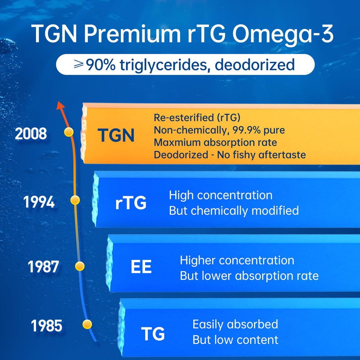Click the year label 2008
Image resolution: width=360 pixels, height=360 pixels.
pos(31,134)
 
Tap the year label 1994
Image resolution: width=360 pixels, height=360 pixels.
pos(39,202)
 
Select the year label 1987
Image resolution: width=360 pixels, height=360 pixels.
pos(43,267)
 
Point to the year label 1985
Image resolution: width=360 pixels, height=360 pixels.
pos(46,326)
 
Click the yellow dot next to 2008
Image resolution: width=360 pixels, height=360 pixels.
pos(68,132)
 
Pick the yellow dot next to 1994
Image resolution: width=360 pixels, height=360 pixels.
pos(75,200)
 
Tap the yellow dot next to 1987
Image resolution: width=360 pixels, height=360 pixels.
pos(80,266)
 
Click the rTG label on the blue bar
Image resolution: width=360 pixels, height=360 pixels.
pos(131,203)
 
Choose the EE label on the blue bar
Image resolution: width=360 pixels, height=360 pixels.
pos(141,267)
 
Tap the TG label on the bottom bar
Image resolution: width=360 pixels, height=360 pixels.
pos(153,334)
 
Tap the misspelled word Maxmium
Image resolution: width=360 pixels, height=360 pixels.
pos(176,143)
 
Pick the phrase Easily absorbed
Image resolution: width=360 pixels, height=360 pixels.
pos(235,324)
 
